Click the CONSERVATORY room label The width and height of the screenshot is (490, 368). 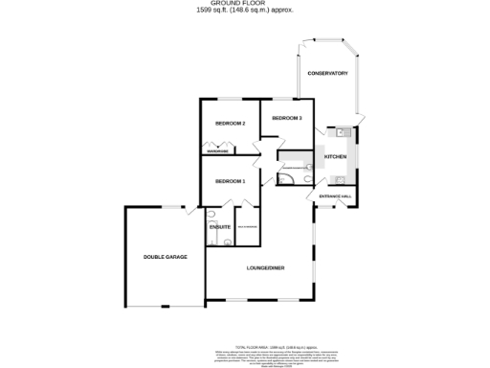click(x=326, y=74)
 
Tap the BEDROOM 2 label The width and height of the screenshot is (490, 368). click(x=231, y=124)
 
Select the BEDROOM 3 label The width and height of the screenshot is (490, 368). click(x=287, y=118)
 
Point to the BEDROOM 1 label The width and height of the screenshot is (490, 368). click(x=231, y=181)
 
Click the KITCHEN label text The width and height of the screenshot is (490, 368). click(x=335, y=156)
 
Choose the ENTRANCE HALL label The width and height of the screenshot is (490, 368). click(x=336, y=195)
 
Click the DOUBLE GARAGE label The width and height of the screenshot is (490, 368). click(x=165, y=257)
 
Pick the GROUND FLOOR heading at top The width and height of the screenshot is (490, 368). click(x=244, y=4)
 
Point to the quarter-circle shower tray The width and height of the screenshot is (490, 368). click(x=285, y=176)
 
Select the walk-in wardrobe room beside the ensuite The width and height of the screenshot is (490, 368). click(x=246, y=227)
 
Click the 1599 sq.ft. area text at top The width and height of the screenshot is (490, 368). click(x=244, y=11)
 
